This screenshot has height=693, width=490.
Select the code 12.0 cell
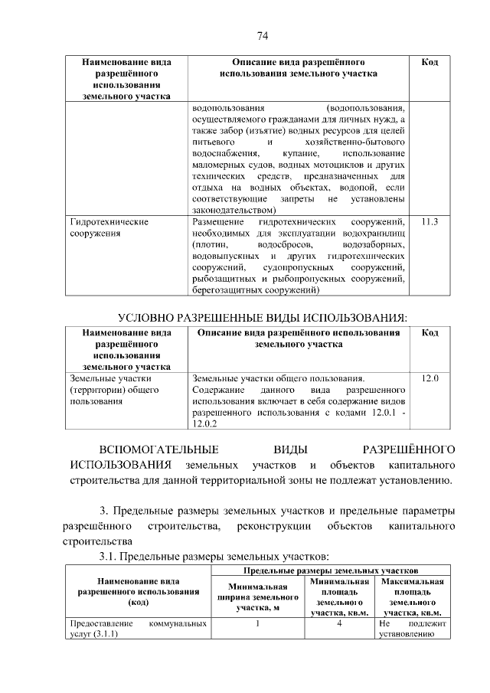(430, 378)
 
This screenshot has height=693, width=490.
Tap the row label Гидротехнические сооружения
(109, 228)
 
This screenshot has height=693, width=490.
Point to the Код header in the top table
(430, 62)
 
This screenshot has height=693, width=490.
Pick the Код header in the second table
(430, 333)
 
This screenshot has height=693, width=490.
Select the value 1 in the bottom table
(257, 623)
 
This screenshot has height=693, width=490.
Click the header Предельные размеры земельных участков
(330, 570)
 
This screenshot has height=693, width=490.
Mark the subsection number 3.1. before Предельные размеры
(106, 555)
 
